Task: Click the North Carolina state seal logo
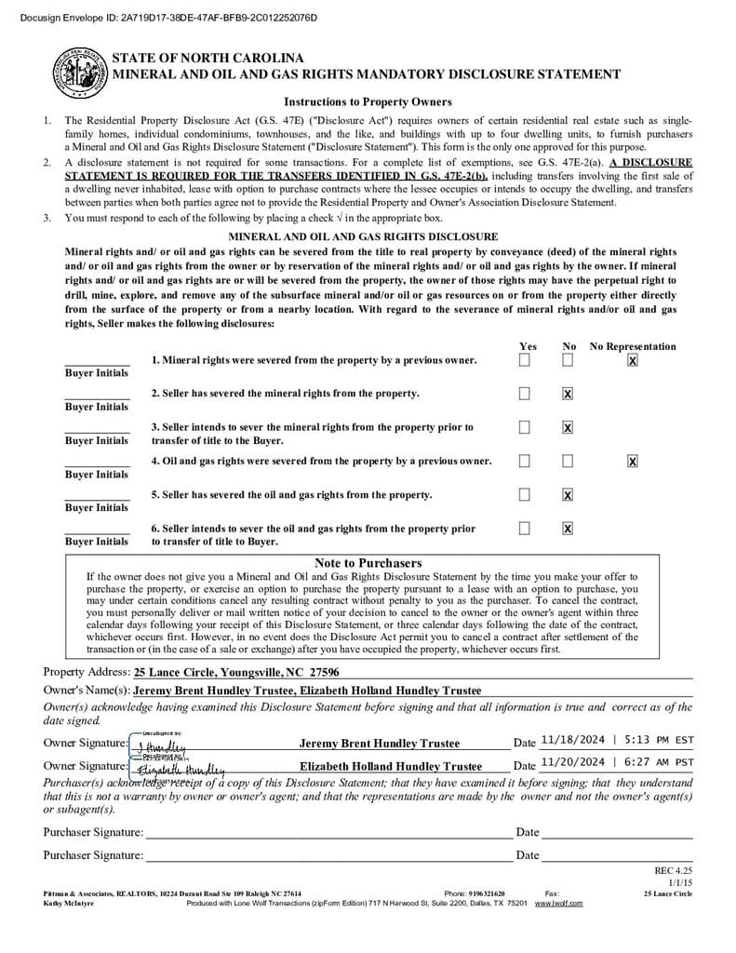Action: coord(81,71)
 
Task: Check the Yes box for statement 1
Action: coord(525,360)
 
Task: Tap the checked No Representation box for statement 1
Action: coord(633,360)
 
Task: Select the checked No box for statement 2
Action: coord(568,394)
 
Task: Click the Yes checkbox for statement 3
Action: coord(525,427)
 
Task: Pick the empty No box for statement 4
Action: coord(568,461)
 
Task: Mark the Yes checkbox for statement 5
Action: coord(525,494)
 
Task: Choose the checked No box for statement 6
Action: coord(568,529)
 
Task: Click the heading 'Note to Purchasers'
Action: coord(368,563)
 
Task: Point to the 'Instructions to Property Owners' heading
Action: coord(368,102)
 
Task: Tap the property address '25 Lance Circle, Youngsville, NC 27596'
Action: coord(236,672)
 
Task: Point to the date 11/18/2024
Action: coord(572,740)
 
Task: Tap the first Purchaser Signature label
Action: coord(93,832)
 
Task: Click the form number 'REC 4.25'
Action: coord(674,871)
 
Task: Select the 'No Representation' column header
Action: coord(633,346)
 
